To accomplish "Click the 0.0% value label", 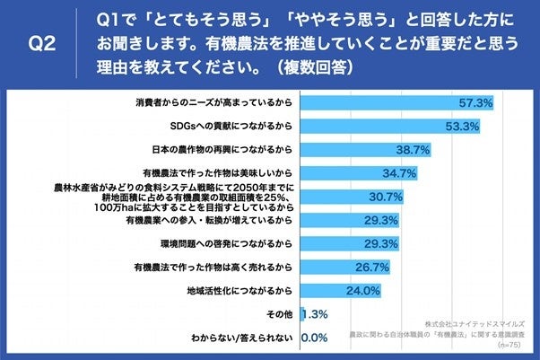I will pyautogui.click(x=312, y=338).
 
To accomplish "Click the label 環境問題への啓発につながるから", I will pyautogui.click(x=225, y=243).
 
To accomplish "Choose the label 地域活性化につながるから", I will pyautogui.click(x=239, y=291).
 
